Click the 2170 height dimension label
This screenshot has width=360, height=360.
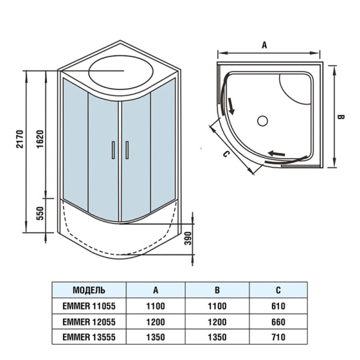point(20,138)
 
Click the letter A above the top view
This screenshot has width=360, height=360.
point(264,44)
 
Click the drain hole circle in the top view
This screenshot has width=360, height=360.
point(262,121)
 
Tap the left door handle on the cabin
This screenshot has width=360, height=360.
point(112,150)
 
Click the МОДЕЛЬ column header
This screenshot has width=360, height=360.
point(89,290)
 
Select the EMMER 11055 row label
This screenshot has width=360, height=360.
point(89,306)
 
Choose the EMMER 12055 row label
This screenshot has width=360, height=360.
point(89,322)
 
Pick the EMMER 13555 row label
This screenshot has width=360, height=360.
point(89,337)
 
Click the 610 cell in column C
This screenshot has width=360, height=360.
point(278,306)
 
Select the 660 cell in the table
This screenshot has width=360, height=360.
point(278,322)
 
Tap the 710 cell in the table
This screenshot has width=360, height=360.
point(278,337)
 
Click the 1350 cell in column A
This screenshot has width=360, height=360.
point(155,337)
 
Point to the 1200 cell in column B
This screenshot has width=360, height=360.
point(217,322)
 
